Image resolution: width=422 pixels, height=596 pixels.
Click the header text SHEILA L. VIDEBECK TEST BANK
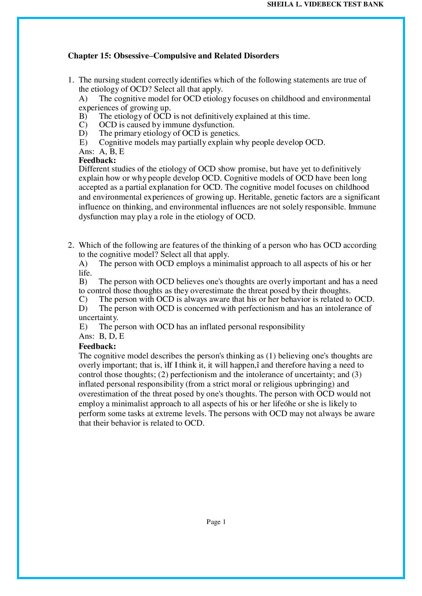coord(325,4)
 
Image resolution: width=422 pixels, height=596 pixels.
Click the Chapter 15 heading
coord(173,56)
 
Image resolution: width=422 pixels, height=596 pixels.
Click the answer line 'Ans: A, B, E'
coord(101,151)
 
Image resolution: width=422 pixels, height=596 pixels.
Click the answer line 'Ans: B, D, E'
coord(101,336)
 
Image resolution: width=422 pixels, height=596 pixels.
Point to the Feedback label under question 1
coord(97,160)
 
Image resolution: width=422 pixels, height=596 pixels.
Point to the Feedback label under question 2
coord(97,346)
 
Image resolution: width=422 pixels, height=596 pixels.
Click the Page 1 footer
coord(216,522)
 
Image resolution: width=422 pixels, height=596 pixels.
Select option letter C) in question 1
coord(83,125)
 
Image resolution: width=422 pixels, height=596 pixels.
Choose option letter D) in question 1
coord(83,133)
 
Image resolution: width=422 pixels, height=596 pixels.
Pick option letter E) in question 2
coord(83,327)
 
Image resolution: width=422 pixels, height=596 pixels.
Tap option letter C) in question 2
coord(83,299)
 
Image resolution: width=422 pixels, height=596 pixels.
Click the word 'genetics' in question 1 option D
coord(225,133)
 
